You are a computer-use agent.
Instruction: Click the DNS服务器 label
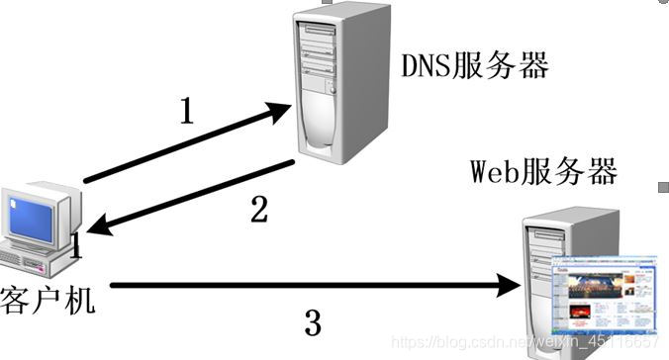[474, 66]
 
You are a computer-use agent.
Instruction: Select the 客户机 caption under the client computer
[49, 298]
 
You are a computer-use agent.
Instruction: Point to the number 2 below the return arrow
[258, 209]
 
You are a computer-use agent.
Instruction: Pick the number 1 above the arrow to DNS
[187, 112]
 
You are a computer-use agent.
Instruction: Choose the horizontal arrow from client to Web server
[297, 287]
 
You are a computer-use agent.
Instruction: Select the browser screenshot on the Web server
[602, 293]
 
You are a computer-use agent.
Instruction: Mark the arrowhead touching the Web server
[510, 287]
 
